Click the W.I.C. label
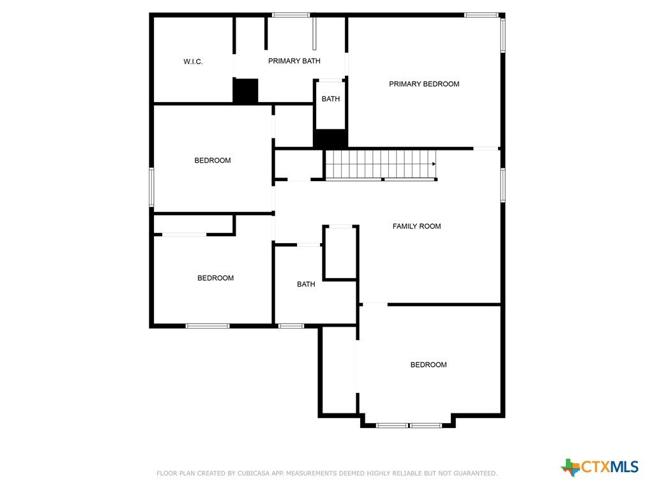193,62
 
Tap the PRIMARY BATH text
294,61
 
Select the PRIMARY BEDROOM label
424,84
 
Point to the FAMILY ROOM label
416,226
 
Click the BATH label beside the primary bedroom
330,99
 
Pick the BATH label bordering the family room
306,284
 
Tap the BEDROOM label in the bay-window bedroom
429,364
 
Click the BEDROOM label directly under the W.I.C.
212,160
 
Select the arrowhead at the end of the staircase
434,164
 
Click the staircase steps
381,164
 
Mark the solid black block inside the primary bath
245,91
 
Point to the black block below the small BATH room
330,138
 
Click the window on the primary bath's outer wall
291,15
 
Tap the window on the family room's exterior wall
503,185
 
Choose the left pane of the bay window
392,426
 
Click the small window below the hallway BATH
291,326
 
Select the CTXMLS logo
600,467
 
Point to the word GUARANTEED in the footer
475,473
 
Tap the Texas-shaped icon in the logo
570,468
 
